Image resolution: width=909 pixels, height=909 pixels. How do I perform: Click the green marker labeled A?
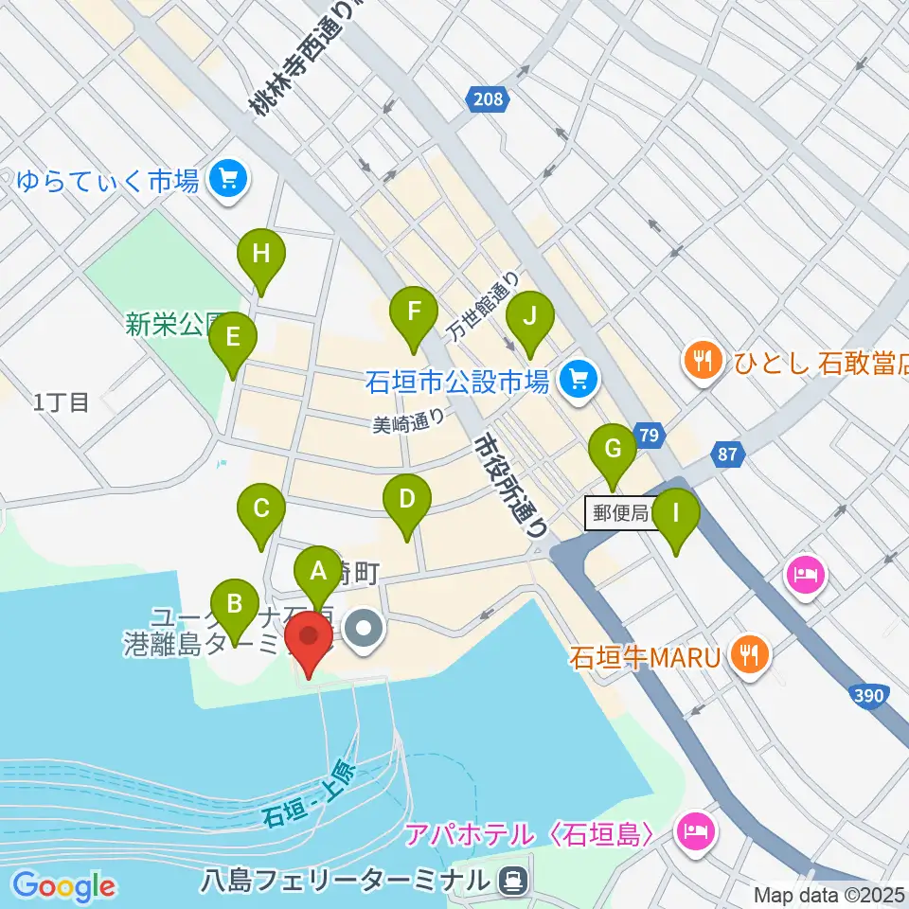[x=317, y=570]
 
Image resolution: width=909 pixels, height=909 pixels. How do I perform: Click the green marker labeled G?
[x=613, y=448]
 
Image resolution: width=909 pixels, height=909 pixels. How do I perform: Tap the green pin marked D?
[x=406, y=499]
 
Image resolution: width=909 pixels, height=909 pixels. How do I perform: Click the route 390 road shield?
[x=868, y=697]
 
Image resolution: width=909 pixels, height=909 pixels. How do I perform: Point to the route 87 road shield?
[x=727, y=454]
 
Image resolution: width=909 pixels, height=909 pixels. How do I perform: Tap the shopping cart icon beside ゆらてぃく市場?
[x=227, y=177]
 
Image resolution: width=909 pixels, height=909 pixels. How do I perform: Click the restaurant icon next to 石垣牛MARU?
[x=750, y=655]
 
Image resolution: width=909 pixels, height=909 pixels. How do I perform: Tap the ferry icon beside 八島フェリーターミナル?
[x=512, y=881]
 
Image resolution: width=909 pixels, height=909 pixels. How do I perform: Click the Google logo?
[x=64, y=886]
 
